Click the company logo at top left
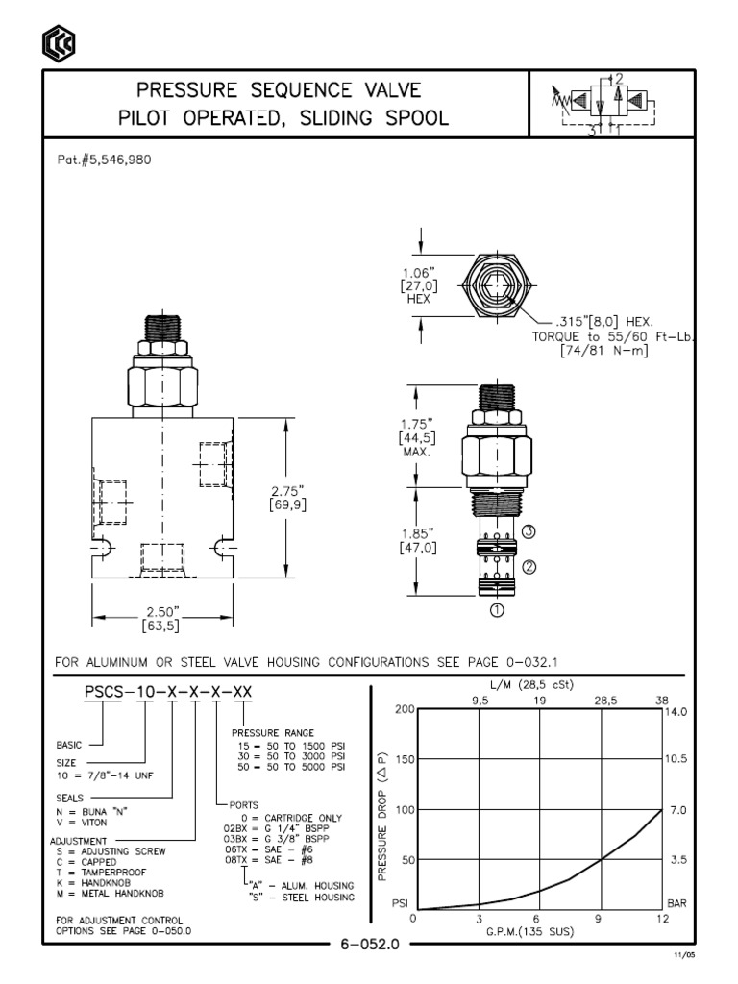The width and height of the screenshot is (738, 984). pos(56,42)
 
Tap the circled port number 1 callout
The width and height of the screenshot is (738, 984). pos(497,607)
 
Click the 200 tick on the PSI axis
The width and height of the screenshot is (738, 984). pos(403,709)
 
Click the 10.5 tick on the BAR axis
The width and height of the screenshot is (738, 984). pos(676,760)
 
